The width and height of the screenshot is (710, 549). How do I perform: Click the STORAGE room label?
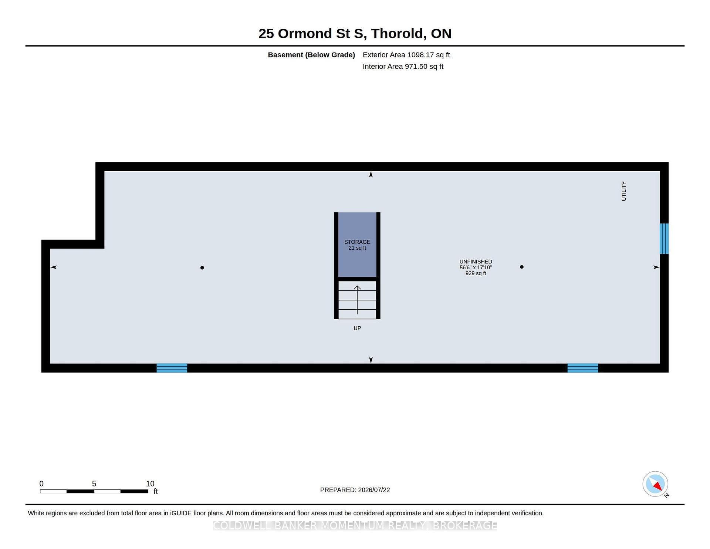(357, 242)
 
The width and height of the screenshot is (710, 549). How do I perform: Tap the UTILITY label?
(624, 191)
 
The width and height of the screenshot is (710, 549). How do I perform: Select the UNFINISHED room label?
(476, 262)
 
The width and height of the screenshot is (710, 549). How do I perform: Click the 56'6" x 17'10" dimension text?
(476, 267)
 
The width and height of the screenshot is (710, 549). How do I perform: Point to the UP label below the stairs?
(357, 328)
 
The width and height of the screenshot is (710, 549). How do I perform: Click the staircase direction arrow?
(357, 300)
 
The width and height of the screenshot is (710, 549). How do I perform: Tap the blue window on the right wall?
(664, 239)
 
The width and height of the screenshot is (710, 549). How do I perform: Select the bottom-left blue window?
(172, 368)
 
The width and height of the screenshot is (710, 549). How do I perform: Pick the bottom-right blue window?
(583, 368)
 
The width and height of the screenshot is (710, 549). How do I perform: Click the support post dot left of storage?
(202, 267)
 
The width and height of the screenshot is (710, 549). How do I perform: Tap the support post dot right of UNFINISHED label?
(522, 267)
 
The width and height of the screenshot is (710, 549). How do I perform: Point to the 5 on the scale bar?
(94, 484)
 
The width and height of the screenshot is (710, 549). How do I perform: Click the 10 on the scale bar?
(150, 484)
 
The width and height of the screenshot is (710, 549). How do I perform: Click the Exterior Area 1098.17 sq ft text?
(406, 55)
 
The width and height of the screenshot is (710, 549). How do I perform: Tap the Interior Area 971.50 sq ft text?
(403, 67)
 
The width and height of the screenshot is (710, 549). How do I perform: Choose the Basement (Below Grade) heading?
(311, 55)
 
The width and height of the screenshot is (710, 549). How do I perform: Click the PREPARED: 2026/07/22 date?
(355, 490)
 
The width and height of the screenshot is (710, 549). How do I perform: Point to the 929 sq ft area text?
(476, 273)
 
